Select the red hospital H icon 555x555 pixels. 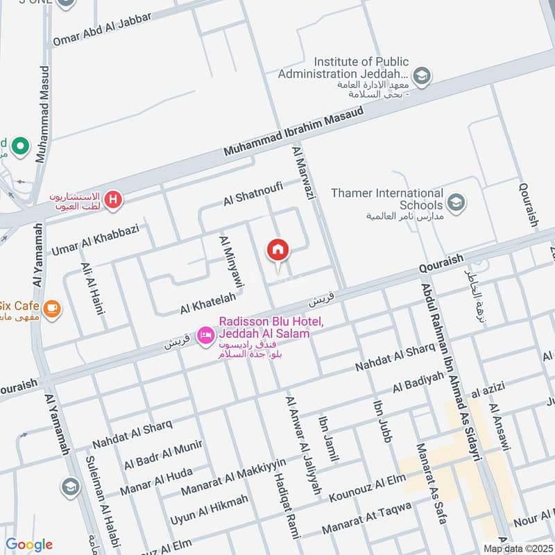(114, 201)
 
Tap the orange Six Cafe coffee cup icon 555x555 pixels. (51, 307)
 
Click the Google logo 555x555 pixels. (29, 545)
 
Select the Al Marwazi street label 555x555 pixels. (305, 173)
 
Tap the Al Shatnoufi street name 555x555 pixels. (254, 194)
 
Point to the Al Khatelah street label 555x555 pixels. (207, 302)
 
